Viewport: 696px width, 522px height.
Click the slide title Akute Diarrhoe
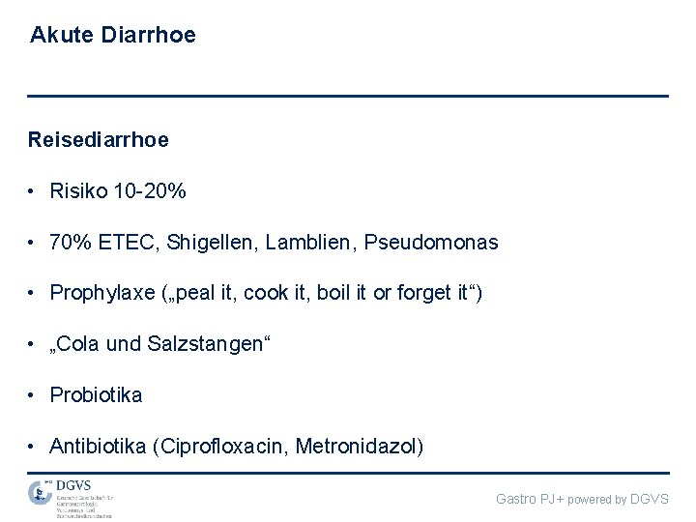pyautogui.click(x=113, y=36)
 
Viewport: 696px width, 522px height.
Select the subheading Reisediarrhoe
pyautogui.click(x=99, y=140)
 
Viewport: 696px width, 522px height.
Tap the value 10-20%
pyautogui.click(x=150, y=191)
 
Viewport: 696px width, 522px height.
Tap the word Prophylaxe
pyautogui.click(x=102, y=294)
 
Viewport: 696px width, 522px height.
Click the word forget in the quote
pyautogui.click(x=421, y=293)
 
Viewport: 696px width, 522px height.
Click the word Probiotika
pyautogui.click(x=96, y=395)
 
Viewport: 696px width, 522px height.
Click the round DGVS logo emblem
pyautogui.click(x=40, y=492)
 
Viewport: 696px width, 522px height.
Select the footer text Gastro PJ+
pyautogui.click(x=530, y=499)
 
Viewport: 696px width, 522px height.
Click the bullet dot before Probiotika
pyautogui.click(x=33, y=395)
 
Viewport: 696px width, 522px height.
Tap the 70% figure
pyautogui.click(x=68, y=243)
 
